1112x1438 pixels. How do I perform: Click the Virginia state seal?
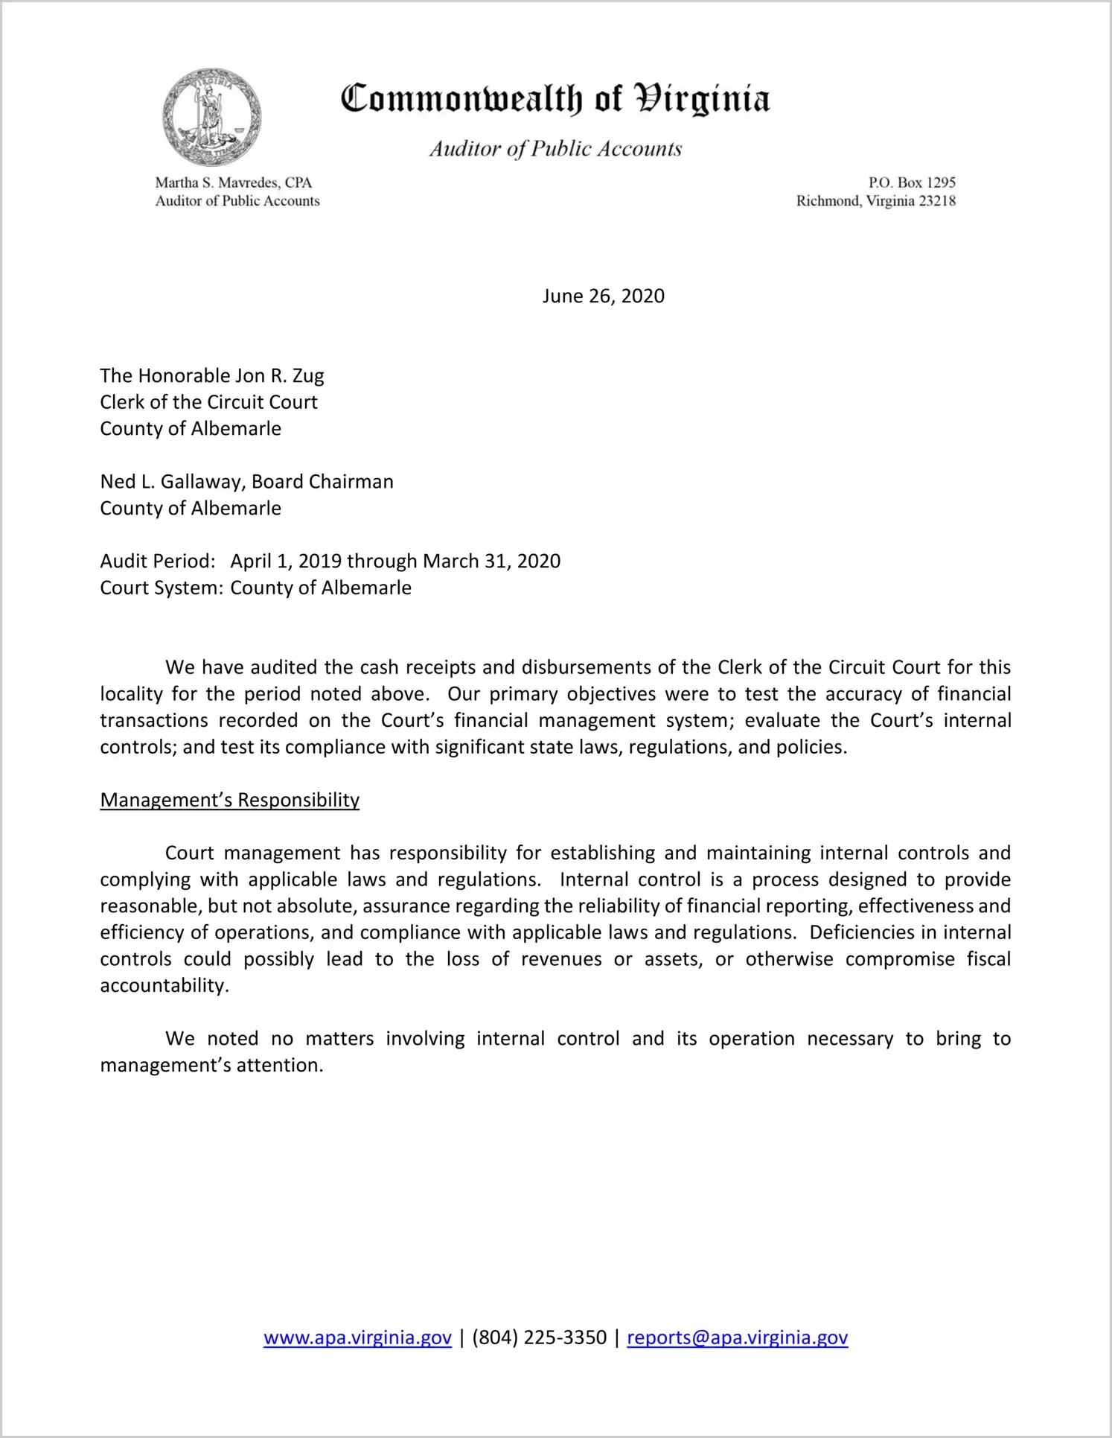(x=212, y=117)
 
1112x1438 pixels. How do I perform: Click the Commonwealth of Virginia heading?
(x=555, y=98)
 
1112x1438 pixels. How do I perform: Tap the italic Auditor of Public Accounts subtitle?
(x=555, y=149)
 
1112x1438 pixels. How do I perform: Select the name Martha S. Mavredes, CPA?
(x=233, y=182)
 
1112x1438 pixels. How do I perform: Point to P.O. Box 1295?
(x=912, y=182)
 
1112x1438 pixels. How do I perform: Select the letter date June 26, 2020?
(x=603, y=296)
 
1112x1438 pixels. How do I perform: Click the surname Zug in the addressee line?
(x=307, y=375)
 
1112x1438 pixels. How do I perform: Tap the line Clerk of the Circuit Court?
(x=208, y=402)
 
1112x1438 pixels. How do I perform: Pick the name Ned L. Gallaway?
(x=171, y=482)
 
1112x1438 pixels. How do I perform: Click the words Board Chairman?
(x=322, y=482)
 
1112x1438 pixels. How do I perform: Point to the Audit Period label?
(x=158, y=561)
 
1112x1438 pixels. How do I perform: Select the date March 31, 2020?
(x=491, y=561)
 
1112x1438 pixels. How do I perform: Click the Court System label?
(x=162, y=588)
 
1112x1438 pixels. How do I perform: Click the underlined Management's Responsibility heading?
(x=229, y=800)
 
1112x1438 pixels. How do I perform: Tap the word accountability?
(x=164, y=986)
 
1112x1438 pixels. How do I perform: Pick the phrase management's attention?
(x=211, y=1066)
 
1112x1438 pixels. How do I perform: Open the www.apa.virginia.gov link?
(x=357, y=1338)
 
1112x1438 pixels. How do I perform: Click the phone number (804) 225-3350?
(x=539, y=1338)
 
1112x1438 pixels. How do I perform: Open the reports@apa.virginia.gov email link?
(x=737, y=1338)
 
